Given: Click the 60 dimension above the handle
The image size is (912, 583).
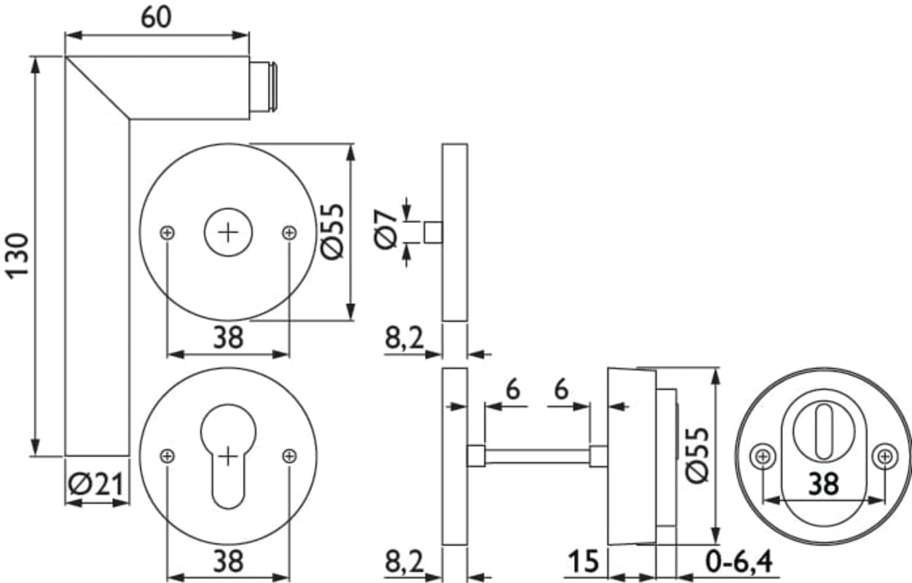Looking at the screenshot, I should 157,17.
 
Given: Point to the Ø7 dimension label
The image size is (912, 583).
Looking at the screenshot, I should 386,230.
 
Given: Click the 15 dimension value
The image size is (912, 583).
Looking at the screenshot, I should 583,562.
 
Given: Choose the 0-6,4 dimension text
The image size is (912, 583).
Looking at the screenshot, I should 739,562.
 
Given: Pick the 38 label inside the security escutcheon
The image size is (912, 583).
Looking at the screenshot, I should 823,483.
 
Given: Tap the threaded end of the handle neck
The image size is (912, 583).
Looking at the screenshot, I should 264,87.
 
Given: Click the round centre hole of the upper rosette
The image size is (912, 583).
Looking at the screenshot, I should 229,232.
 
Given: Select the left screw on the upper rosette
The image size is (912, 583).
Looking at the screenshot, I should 168,232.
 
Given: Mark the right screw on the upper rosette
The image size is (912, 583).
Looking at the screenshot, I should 290,232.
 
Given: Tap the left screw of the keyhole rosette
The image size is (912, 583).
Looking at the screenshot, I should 168,456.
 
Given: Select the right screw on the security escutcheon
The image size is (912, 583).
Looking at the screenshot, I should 885,457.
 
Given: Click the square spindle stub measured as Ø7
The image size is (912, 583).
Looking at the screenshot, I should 433,232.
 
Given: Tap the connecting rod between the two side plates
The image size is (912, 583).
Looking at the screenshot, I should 537,456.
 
